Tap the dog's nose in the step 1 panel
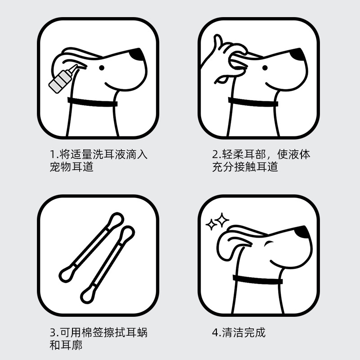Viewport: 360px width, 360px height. pyautogui.click(x=137, y=54)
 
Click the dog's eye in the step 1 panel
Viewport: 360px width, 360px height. pyautogui.click(x=102, y=68)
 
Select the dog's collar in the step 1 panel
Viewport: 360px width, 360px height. pyautogui.click(x=92, y=102)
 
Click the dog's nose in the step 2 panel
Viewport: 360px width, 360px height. pyautogui.click(x=298, y=54)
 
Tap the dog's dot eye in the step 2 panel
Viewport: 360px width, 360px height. pyautogui.click(x=265, y=68)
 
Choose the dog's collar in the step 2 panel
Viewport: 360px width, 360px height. pyautogui.click(x=253, y=102)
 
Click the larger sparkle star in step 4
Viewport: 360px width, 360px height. pyautogui.click(x=222, y=220)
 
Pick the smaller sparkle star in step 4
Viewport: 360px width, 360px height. pyautogui.click(x=211, y=224)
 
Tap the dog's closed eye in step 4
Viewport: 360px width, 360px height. pyautogui.click(x=269, y=243)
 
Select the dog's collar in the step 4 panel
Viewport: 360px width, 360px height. pyautogui.click(x=257, y=279)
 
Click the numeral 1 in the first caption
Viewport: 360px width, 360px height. pyautogui.click(x=52, y=154)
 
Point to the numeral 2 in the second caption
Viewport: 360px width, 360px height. pyautogui.click(x=216, y=154)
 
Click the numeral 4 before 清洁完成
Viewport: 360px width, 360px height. pyautogui.click(x=216, y=333)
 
